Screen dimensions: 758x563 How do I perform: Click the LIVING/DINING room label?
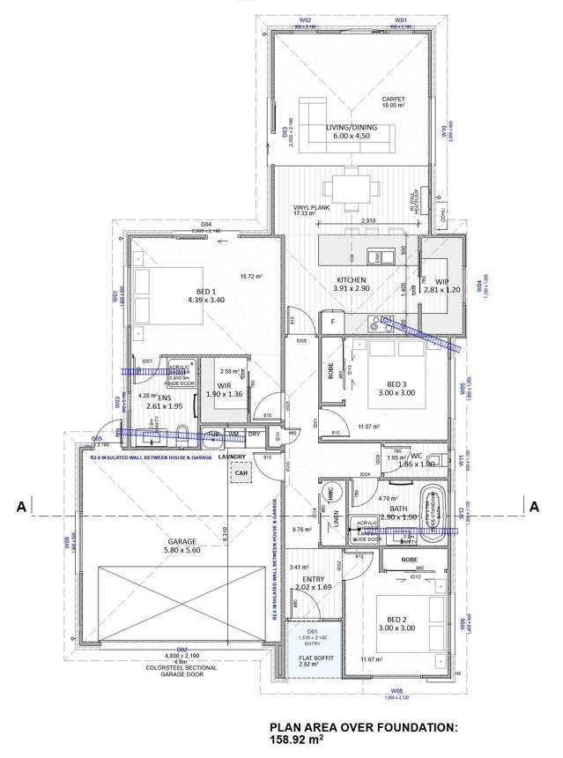pyautogui.click(x=351, y=128)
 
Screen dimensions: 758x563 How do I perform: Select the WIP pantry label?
pyautogui.click(x=441, y=282)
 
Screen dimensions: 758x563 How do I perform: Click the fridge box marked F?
pyautogui.click(x=332, y=323)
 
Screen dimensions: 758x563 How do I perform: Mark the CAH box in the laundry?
pyautogui.click(x=241, y=473)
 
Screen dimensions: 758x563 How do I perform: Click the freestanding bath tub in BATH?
pyautogui.click(x=433, y=510)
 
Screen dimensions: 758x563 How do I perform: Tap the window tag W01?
pyautogui.click(x=401, y=19)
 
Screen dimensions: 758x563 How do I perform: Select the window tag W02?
pyautogui.click(x=307, y=19)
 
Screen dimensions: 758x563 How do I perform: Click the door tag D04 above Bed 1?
pyautogui.click(x=206, y=225)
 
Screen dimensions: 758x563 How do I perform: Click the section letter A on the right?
pyautogui.click(x=534, y=506)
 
